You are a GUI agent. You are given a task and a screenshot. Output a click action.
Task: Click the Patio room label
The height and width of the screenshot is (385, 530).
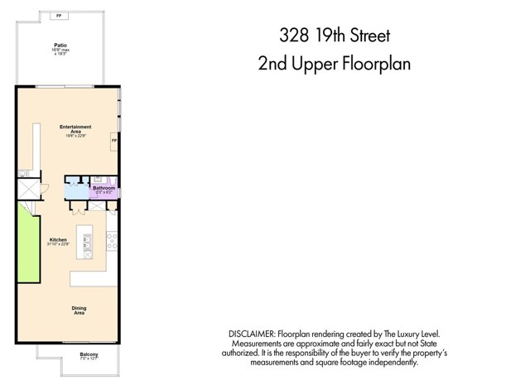point(60,46)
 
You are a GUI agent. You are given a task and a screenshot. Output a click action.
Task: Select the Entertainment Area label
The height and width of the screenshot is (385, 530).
point(75,128)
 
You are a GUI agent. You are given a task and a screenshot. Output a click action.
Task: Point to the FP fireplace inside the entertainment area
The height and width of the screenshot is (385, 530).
point(114,142)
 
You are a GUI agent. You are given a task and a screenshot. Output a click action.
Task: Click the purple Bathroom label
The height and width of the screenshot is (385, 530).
point(104,188)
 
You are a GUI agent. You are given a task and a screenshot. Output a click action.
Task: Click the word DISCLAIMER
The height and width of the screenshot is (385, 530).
point(253,333)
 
